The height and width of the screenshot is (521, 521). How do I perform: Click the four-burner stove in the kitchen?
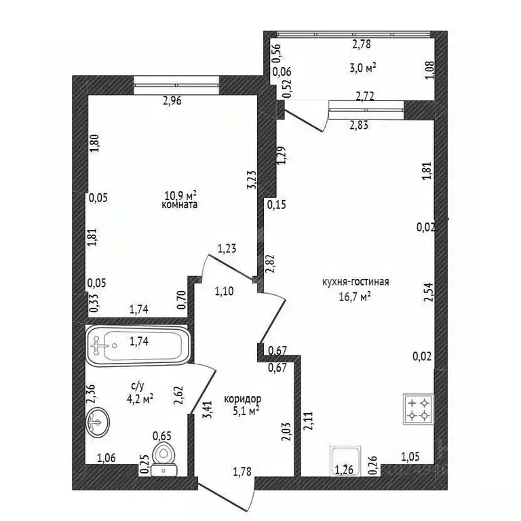[419, 409]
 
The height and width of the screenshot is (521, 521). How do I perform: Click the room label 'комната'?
[179, 204]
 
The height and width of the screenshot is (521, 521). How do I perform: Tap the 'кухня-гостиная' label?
[355, 282]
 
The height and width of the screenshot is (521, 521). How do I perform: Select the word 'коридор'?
[243, 399]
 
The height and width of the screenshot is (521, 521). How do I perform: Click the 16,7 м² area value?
[355, 296]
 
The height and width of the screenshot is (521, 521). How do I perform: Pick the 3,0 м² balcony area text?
[363, 69]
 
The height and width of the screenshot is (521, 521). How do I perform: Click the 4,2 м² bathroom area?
[140, 398]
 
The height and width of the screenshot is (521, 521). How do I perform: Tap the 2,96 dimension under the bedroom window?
[172, 100]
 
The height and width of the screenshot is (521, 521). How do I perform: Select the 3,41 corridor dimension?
[208, 410]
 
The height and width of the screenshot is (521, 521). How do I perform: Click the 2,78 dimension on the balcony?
[361, 44]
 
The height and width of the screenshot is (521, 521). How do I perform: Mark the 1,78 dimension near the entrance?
[242, 471]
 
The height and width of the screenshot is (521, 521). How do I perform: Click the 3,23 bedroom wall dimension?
[252, 180]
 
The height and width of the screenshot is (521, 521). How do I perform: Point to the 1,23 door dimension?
[227, 248]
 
